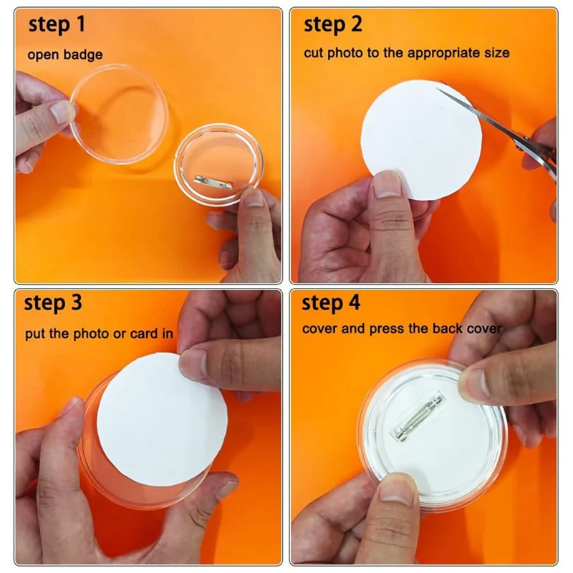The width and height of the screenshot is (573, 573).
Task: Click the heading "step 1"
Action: pyautogui.click(x=57, y=26)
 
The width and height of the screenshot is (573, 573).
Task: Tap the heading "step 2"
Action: pyautogui.click(x=333, y=25)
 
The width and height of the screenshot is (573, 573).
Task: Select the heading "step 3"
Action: pyautogui.click(x=54, y=303)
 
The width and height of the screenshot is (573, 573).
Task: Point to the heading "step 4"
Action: pyautogui.click(x=330, y=303)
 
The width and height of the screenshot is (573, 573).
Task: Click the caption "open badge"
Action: pyautogui.click(x=65, y=54)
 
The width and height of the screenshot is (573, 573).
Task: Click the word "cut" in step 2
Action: pyautogui.click(x=313, y=53)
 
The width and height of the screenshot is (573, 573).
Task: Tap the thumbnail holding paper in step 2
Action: pyautogui.click(x=387, y=186)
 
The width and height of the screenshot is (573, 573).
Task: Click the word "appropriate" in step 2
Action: pyautogui.click(x=439, y=53)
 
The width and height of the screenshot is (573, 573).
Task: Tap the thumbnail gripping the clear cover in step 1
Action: pyautogui.click(x=62, y=112)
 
